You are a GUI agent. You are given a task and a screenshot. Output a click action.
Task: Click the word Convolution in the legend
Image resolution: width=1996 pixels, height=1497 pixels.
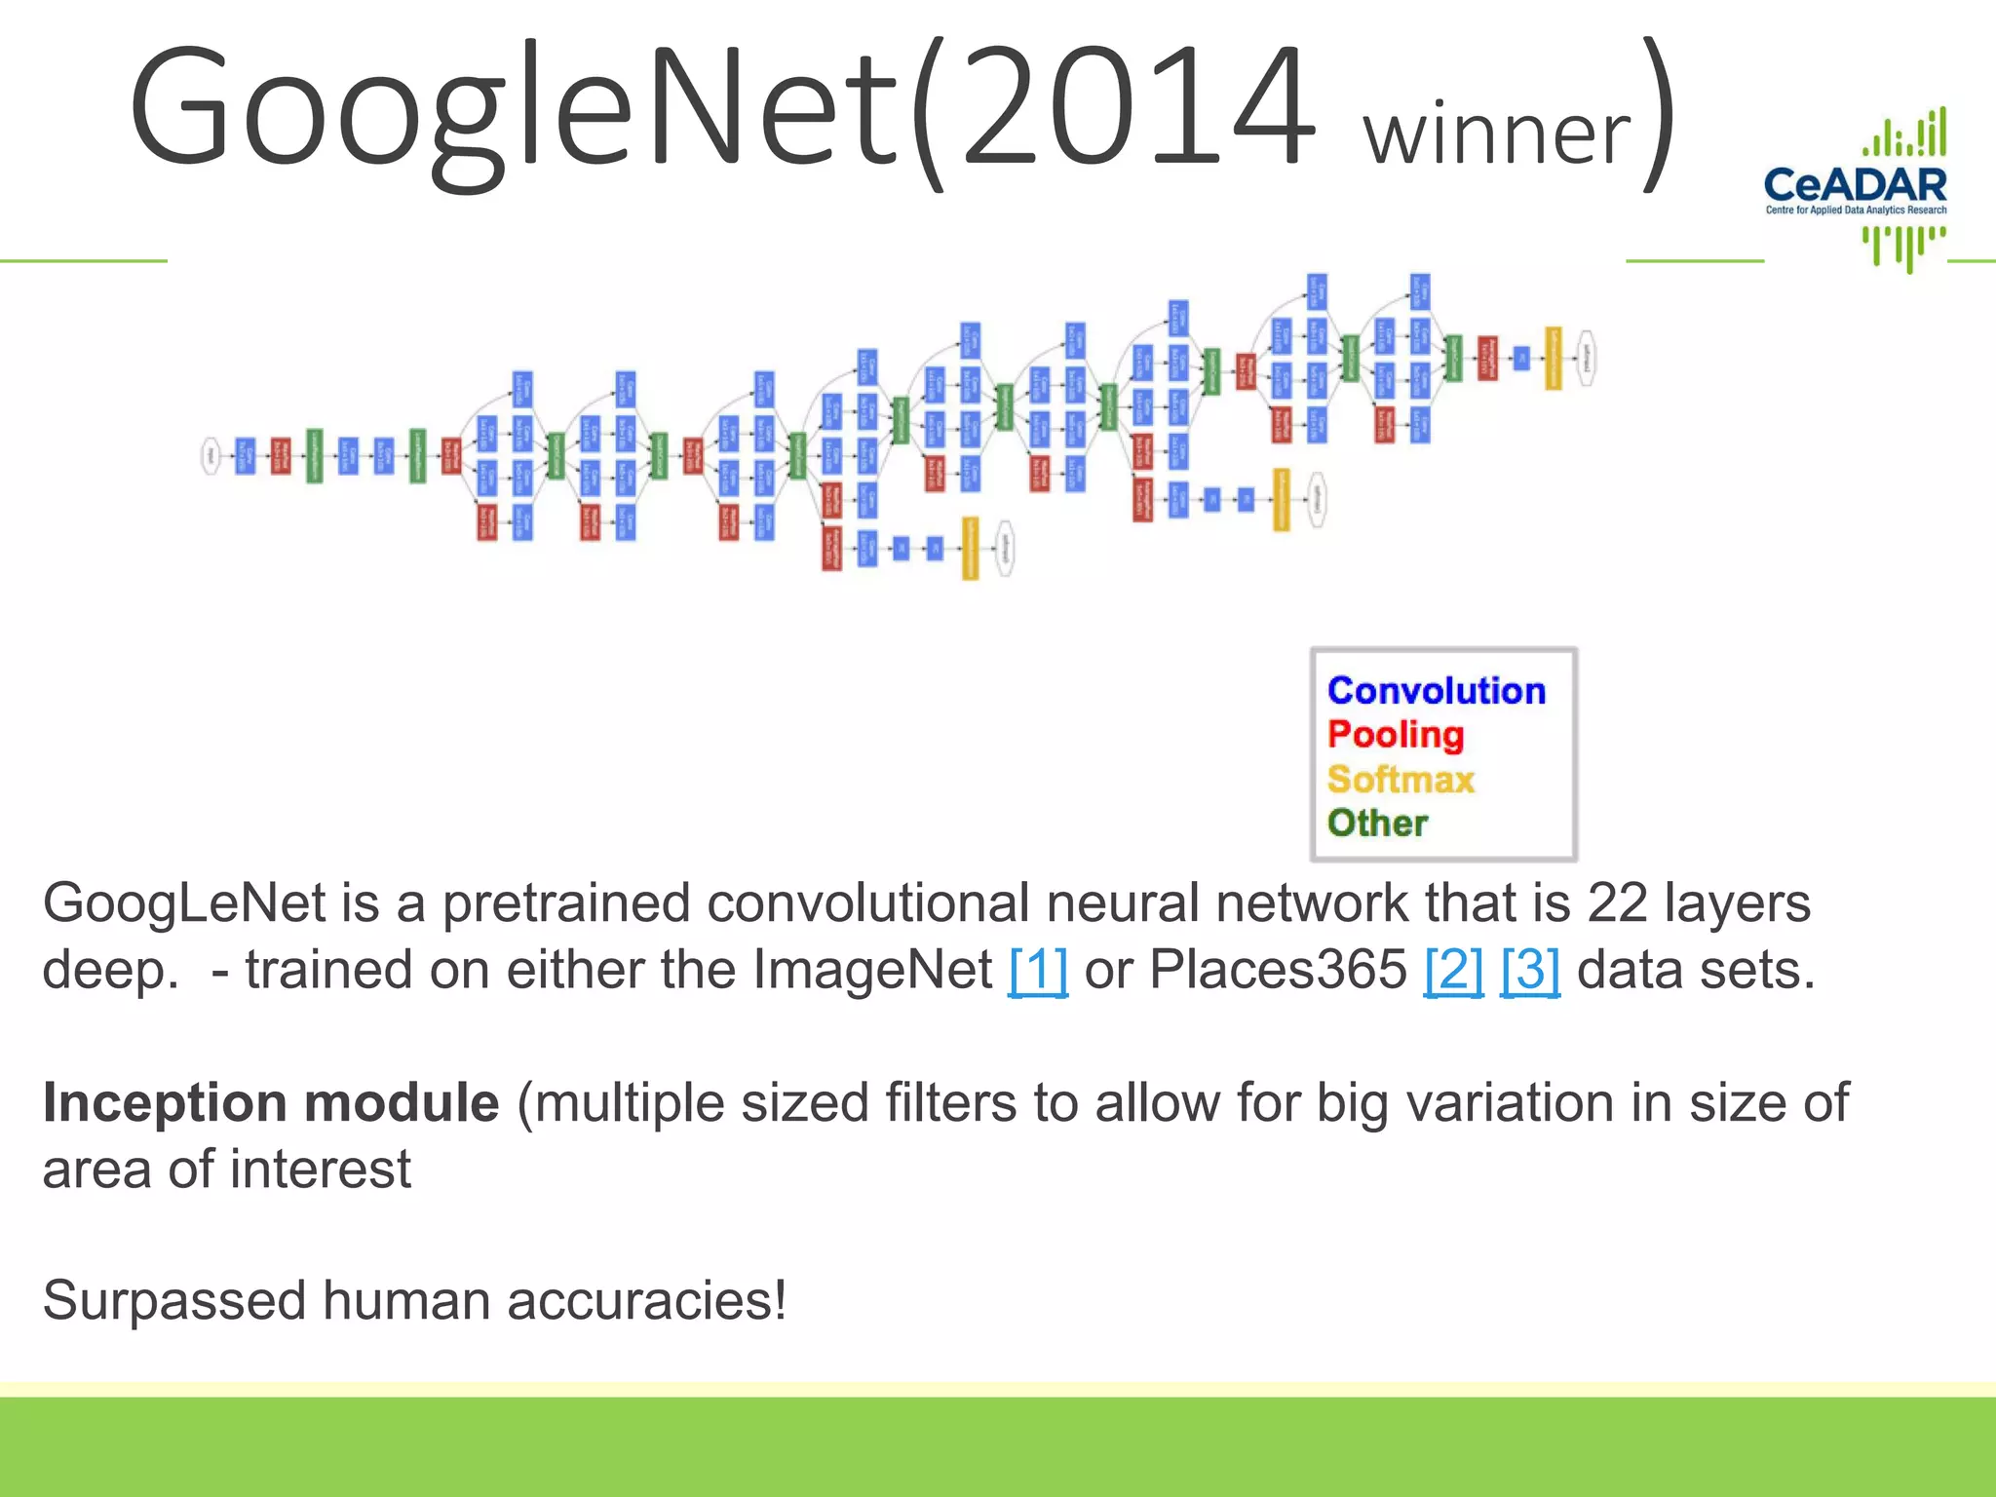point(1436,691)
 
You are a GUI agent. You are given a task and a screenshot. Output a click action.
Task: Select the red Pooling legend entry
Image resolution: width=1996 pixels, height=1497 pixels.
point(1395,735)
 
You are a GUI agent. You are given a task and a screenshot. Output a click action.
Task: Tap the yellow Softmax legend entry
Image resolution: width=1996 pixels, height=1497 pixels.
point(1401,780)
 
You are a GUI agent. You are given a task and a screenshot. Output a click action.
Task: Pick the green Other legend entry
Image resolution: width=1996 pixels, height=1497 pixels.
point(1377,824)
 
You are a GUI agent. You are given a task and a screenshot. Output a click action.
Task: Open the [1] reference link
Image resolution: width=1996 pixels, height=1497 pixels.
point(1038,970)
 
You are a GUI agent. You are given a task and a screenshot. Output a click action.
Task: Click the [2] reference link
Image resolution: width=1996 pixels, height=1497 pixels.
point(1453,970)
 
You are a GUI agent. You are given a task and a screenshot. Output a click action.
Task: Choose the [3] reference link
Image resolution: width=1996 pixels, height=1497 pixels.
point(1529,970)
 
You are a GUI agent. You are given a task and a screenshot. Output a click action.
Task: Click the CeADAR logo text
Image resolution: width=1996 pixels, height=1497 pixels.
point(1855,185)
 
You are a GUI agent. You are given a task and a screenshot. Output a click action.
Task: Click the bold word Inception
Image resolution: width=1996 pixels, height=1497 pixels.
point(164,1103)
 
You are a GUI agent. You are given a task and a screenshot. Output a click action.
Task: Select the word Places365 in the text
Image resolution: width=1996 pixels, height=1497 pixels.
point(1278,970)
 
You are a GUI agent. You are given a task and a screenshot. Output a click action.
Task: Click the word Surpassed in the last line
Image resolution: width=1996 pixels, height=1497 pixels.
point(174,1301)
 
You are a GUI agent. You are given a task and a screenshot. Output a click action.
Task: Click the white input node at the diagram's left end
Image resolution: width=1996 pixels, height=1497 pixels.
point(211,455)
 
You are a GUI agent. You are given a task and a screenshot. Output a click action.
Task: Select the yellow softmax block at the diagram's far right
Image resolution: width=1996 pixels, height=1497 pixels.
point(1554,358)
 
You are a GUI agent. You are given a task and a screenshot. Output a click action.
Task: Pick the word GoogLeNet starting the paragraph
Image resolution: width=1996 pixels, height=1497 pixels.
point(184,903)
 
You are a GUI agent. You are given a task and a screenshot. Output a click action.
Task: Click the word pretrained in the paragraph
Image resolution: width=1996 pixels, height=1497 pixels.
point(566,903)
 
